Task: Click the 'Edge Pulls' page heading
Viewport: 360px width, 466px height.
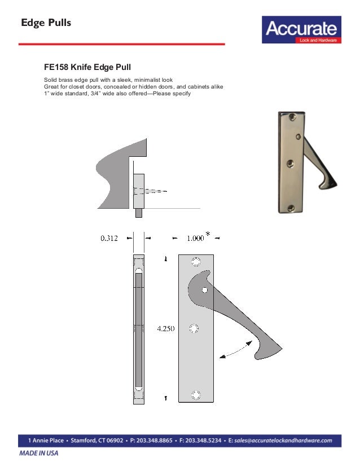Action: tap(46, 23)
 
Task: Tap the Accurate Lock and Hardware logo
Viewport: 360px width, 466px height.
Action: tap(301, 30)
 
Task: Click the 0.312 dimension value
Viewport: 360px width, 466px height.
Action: tap(109, 239)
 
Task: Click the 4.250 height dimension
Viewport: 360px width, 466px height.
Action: tap(166, 328)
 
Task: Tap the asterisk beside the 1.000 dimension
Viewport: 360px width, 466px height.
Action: tap(208, 235)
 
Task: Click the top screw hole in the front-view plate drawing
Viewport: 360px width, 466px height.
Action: tap(196, 262)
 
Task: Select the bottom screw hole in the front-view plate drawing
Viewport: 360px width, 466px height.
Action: tap(196, 395)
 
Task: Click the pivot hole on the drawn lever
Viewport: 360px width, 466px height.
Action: tap(205, 289)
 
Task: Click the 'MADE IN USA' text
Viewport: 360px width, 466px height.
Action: tap(38, 453)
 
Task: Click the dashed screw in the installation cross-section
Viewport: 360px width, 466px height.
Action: tap(150, 191)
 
